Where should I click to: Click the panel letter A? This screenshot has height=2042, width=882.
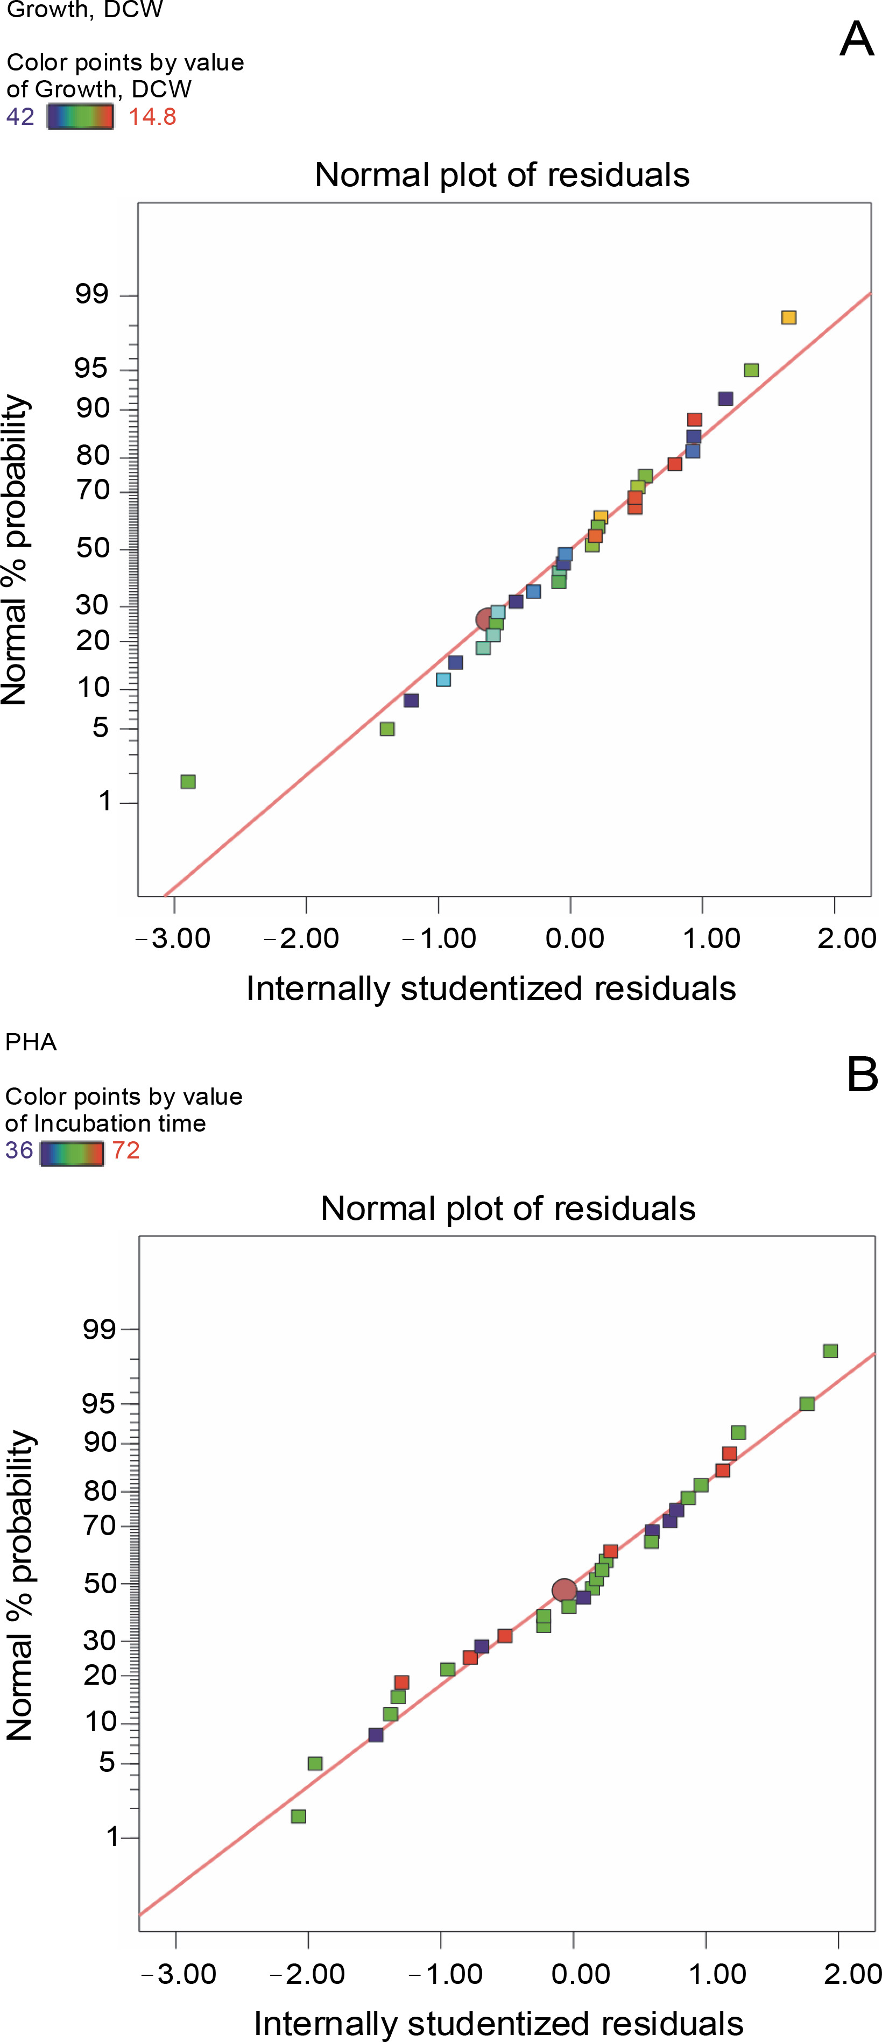pyautogui.click(x=857, y=39)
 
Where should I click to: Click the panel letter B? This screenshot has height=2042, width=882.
pyautogui.click(x=862, y=1076)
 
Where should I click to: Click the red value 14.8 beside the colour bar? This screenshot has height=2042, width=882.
pyautogui.click(x=152, y=117)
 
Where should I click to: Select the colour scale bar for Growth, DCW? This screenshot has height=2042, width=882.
pyautogui.click(x=80, y=117)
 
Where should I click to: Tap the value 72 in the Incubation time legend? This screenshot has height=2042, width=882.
pyautogui.click(x=126, y=1150)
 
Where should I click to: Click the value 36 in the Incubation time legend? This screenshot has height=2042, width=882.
pyautogui.click(x=19, y=1150)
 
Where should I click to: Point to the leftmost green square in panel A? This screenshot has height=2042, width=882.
pyautogui.click(x=188, y=782)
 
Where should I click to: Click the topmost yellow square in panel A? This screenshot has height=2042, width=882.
pyautogui.click(x=788, y=317)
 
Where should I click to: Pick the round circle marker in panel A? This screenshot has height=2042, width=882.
pyautogui.click(x=486, y=619)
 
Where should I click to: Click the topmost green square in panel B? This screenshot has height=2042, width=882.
pyautogui.click(x=830, y=1351)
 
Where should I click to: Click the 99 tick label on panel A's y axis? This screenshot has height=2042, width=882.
pyautogui.click(x=92, y=295)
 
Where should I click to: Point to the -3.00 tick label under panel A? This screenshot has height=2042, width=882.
pyautogui.click(x=173, y=938)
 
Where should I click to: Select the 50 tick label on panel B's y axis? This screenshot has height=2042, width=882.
pyautogui.click(x=100, y=1583)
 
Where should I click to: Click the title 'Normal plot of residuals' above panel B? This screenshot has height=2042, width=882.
pyautogui.click(x=508, y=1208)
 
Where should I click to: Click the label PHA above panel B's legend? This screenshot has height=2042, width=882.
pyautogui.click(x=31, y=1042)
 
